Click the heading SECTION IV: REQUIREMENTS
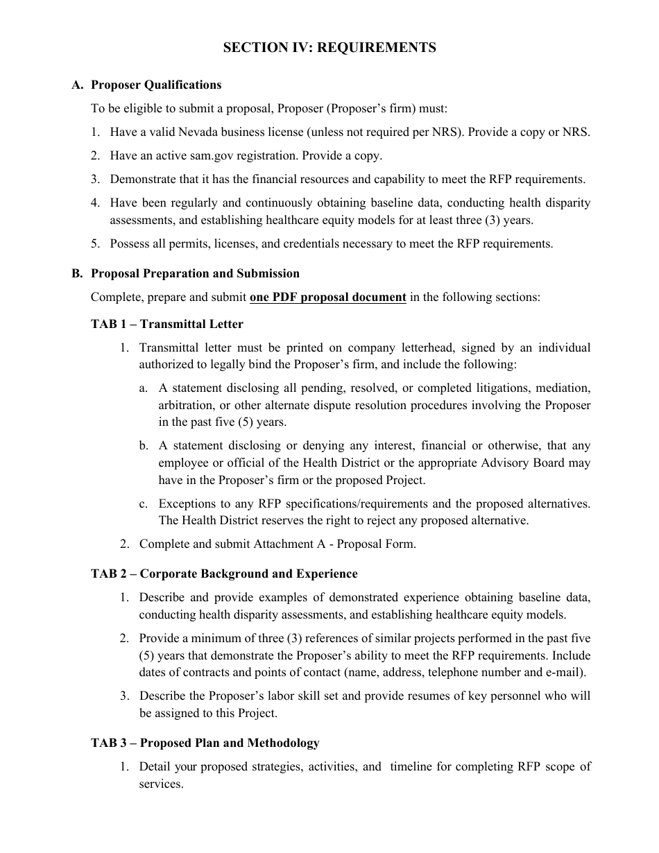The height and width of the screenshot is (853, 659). (x=329, y=48)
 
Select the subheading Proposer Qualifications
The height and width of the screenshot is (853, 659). (x=156, y=85)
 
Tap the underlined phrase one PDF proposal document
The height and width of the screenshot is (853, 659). (x=328, y=297)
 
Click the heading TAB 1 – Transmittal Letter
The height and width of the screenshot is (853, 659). (x=167, y=324)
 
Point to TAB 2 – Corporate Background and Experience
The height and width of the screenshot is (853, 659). (x=224, y=574)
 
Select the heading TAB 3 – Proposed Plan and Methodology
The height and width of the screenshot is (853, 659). (x=205, y=743)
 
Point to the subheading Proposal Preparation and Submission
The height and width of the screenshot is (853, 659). (x=196, y=273)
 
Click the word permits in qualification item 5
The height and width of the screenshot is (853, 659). (x=187, y=243)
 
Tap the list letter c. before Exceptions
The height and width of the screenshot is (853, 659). (x=144, y=503)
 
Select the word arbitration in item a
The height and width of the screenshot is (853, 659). (x=187, y=405)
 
